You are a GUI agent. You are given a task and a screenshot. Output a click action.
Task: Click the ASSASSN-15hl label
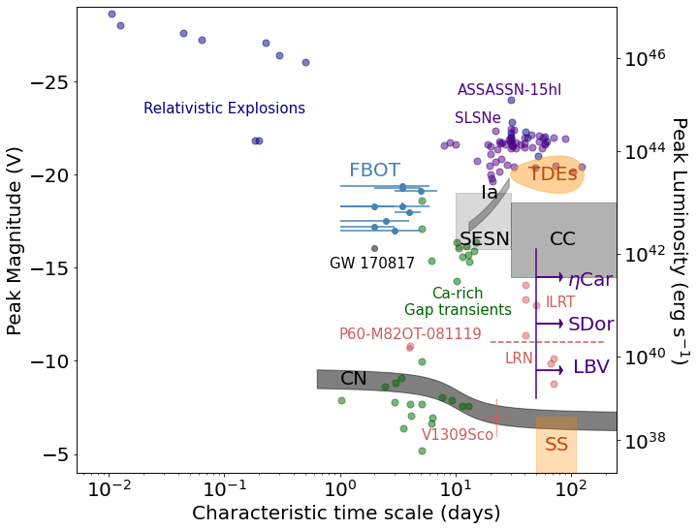[509, 90]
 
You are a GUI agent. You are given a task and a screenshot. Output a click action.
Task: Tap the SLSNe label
[478, 118]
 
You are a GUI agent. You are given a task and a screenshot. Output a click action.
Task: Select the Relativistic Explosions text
[224, 109]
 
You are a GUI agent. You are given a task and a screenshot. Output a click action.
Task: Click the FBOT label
[374, 171]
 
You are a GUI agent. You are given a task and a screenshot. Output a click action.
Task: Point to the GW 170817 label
[372, 264]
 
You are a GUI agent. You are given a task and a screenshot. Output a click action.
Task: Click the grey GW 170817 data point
[374, 248]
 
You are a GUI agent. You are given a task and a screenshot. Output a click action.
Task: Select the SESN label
[485, 239]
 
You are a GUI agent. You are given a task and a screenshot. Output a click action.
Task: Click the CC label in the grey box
[562, 239]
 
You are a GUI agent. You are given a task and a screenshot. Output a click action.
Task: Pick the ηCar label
[589, 280]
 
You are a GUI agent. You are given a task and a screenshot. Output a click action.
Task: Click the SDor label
[590, 325]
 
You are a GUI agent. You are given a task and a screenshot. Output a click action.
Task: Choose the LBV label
[591, 367]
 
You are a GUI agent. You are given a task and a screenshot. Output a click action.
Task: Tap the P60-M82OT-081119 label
[410, 334]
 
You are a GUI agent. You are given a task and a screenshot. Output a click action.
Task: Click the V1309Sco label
[458, 435]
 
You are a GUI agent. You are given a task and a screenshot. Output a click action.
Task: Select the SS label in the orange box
[556, 445]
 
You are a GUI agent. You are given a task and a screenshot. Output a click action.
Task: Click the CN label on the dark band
[354, 379]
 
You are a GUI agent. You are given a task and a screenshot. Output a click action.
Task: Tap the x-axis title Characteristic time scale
[333, 514]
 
